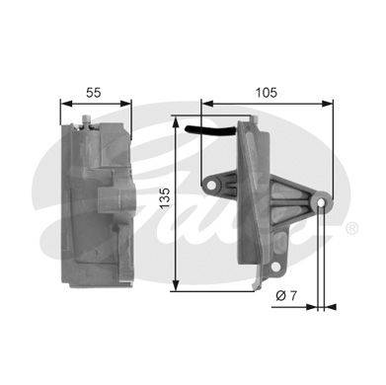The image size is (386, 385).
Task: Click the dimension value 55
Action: point(94,93)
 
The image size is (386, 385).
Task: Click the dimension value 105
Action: point(267,93)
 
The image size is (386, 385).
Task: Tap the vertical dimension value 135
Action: point(165,197)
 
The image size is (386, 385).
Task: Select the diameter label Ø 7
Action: point(286,296)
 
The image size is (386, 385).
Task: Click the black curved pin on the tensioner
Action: point(210,131)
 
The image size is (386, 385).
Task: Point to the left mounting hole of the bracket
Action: point(211,186)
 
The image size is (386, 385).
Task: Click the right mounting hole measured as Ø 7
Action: point(321,203)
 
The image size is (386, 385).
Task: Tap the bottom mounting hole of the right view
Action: point(275,267)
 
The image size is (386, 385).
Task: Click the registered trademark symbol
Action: point(351,228)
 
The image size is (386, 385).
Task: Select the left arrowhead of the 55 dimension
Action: point(66,104)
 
